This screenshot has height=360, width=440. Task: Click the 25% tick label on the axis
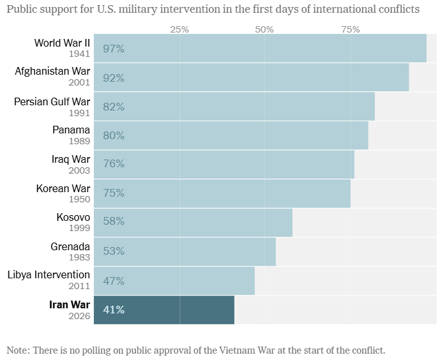tap(179, 29)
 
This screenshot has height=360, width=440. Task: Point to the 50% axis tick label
tap(264, 29)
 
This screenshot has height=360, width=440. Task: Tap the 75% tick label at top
tap(350, 29)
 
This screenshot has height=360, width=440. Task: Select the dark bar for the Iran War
tap(164, 310)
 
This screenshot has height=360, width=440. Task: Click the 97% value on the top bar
tap(114, 49)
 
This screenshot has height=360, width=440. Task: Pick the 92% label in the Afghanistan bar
tap(114, 78)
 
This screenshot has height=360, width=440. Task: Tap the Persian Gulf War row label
tap(52, 101)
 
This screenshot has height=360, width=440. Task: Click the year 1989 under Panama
tap(79, 141)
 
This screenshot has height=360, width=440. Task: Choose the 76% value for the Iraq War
tap(114, 164)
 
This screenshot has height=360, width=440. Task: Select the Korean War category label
tap(63, 188)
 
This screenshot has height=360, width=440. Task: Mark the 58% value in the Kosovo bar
tap(114, 221)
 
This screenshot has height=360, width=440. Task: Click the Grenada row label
tap(70, 246)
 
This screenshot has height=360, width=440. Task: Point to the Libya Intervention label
tap(49, 275)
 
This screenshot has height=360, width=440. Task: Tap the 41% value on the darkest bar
tap(114, 310)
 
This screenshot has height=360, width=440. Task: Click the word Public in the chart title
tap(22, 9)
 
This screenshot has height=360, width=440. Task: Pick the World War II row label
tap(62, 43)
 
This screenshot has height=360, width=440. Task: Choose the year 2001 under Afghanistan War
tap(79, 83)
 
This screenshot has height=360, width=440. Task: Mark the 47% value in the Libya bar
tap(114, 281)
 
